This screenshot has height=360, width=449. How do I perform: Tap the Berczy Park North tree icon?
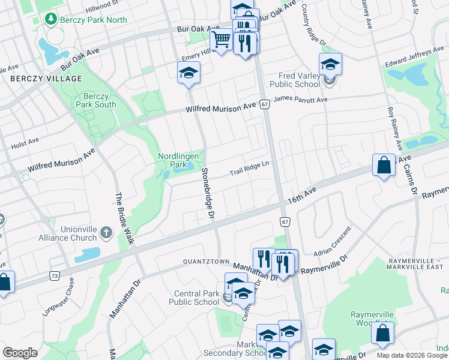51,19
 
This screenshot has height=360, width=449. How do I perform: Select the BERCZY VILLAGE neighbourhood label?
46,79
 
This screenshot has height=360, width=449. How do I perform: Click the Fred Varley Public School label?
295,80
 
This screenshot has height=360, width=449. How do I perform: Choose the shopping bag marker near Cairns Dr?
384,164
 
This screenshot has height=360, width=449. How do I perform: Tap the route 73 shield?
55,276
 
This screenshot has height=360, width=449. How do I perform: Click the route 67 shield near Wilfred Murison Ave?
264,104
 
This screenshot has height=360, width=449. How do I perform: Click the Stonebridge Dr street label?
208,194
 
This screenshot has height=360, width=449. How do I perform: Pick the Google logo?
20,353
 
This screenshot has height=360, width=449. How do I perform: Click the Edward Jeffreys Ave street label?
415,58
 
